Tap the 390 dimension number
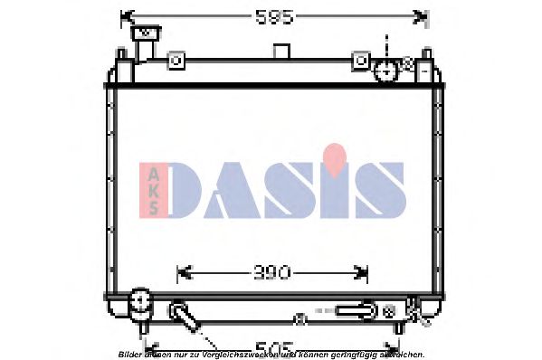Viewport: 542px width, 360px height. (271, 271)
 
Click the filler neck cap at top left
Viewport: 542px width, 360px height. (144, 33)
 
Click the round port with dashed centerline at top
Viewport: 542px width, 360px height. (386, 70)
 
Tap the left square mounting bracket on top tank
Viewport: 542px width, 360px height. (176, 61)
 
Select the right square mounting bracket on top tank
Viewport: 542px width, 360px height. (361, 61)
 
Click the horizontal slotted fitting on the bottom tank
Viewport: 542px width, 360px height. (355, 310)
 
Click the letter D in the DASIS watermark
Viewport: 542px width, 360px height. (194, 192)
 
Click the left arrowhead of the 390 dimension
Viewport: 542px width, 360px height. (178, 271)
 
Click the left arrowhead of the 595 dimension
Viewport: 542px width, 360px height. (125, 16)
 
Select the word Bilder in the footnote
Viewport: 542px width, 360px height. (128, 354)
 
